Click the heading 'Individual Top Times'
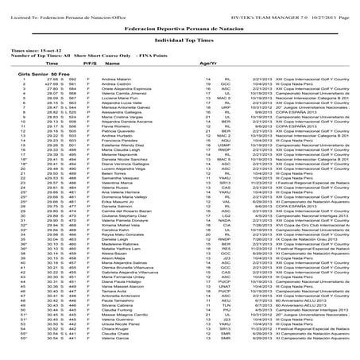pos(180,38)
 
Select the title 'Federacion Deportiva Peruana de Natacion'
pos(180,26)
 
